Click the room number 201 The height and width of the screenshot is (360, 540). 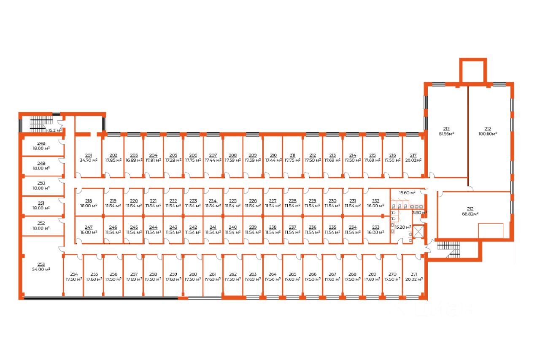pyautogui.click(x=89, y=155)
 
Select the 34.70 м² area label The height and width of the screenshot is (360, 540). pyautogui.click(x=89, y=160)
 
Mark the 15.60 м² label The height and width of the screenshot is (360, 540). pyautogui.click(x=408, y=192)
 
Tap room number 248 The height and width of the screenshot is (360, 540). pyautogui.click(x=41, y=143)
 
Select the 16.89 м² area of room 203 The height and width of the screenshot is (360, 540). pyautogui.click(x=134, y=160)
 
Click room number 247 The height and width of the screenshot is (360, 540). pyautogui.click(x=89, y=227)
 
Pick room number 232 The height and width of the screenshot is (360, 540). pyautogui.click(x=375, y=200)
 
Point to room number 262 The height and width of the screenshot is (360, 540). pyautogui.click(x=233, y=274)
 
